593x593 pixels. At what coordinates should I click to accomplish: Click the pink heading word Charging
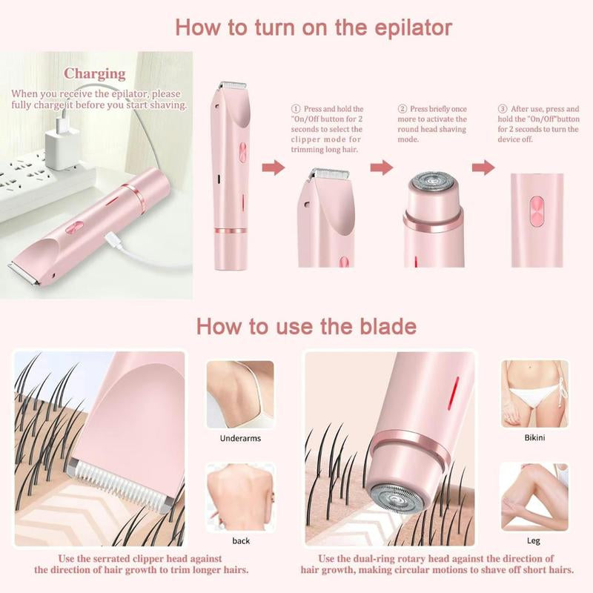coord(94,73)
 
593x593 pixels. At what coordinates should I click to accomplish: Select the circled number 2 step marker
coord(402,108)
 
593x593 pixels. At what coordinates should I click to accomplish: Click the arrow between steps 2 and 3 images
coord(484,168)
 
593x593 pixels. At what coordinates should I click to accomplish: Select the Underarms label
coord(239,438)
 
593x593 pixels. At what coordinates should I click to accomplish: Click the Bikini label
coord(534,437)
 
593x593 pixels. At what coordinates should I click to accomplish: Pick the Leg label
coord(534,541)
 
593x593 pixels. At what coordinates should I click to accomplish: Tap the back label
coord(240,541)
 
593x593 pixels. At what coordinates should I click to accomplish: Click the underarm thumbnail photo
coord(239,394)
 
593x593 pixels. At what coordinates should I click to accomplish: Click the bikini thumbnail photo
coord(534,393)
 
